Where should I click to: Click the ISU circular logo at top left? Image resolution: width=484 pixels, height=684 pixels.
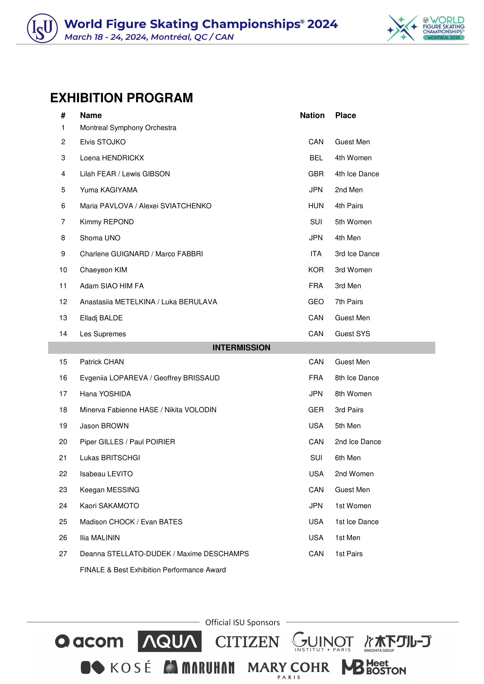[42, 28]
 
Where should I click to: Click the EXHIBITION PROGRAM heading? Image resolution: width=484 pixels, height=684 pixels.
[122, 98]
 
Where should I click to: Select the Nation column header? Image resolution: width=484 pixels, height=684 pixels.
[312, 115]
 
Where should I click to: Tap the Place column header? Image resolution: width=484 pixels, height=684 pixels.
[345, 115]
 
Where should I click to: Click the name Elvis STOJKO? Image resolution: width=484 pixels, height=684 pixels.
[102, 142]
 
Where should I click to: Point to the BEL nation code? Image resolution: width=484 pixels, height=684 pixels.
[316, 158]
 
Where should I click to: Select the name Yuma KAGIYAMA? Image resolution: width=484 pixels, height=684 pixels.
[109, 190]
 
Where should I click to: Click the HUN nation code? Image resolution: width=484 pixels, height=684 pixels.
[316, 206]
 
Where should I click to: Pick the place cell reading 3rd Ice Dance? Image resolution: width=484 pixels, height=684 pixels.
[357, 254]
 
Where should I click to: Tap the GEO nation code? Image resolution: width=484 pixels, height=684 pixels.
[316, 302]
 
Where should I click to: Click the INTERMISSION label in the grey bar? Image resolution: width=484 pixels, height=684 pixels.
[241, 348]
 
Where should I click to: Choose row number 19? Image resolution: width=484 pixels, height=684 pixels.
[63, 426]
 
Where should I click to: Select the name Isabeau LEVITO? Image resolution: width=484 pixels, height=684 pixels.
[106, 474]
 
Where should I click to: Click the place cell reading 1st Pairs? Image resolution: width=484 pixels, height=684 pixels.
[349, 554]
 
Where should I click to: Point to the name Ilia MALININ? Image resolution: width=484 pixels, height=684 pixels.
[99, 538]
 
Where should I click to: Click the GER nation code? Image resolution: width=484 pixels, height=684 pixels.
[316, 410]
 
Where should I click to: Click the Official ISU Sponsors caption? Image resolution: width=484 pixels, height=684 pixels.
[243, 622]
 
